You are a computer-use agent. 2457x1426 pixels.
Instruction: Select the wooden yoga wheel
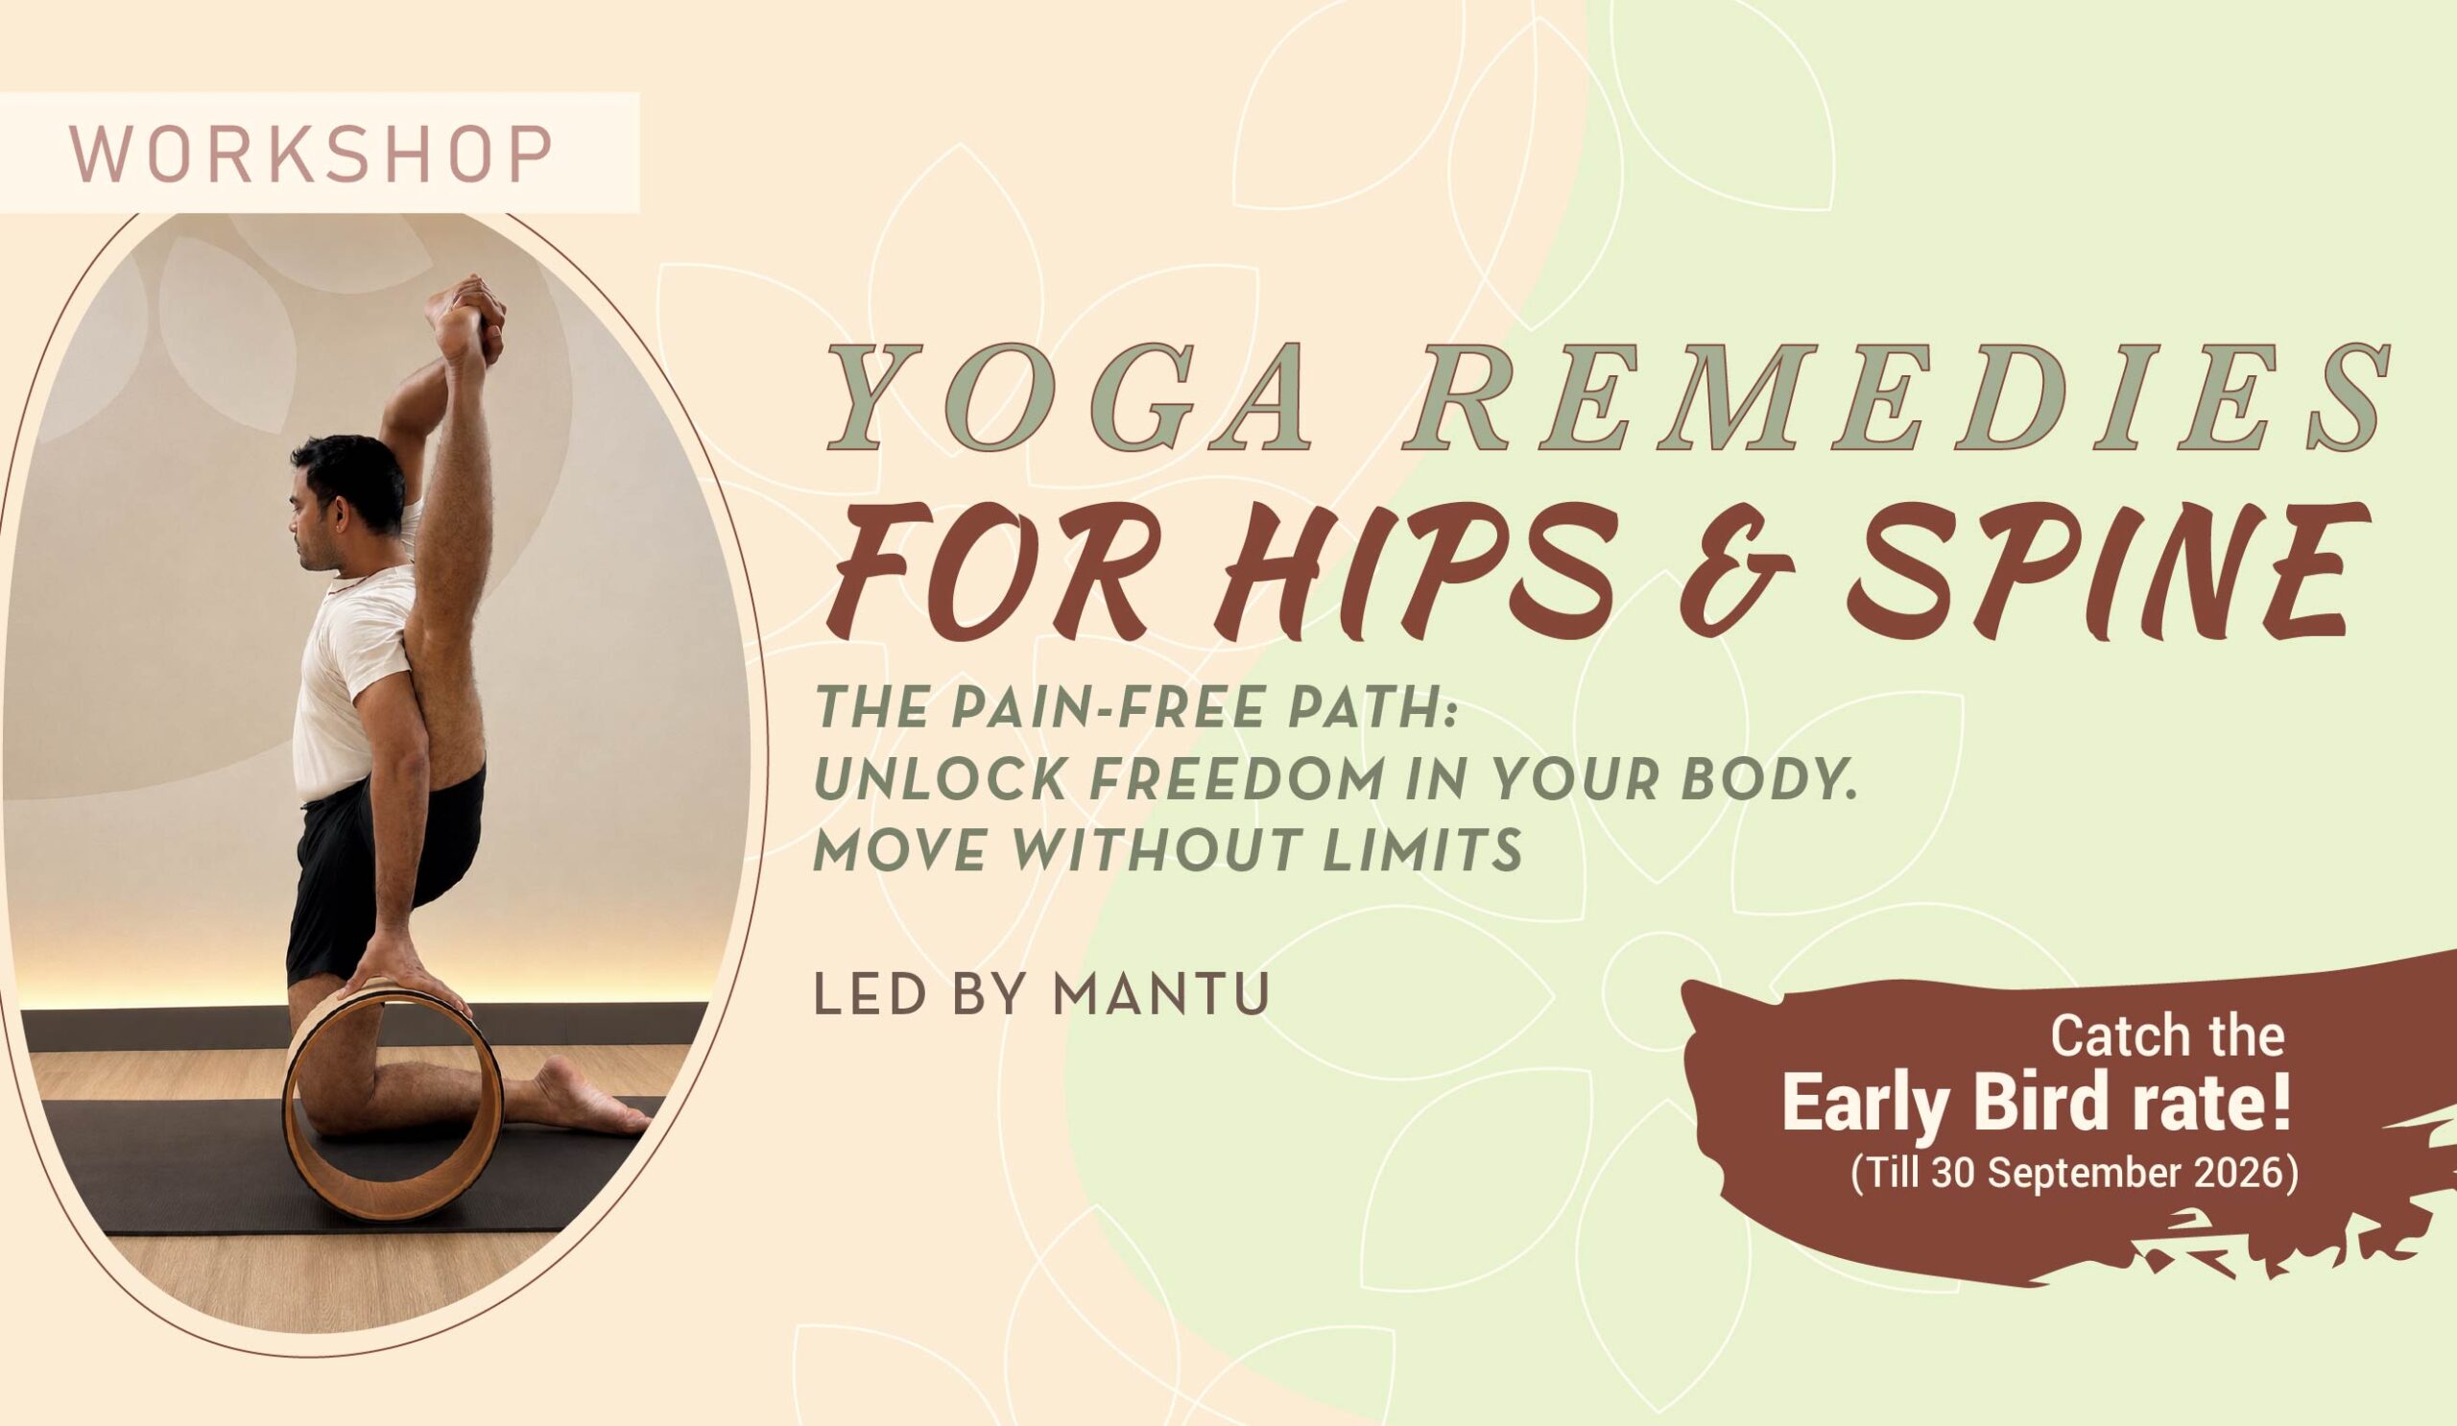point(394,1111)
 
